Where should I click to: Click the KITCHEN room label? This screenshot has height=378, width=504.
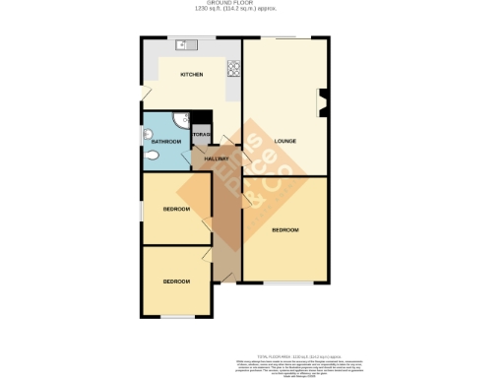coord(191,75)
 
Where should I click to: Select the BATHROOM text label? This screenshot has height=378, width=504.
coord(165,142)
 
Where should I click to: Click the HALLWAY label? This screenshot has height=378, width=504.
coord(217,158)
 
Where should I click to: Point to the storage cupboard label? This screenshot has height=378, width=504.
coord(202,135)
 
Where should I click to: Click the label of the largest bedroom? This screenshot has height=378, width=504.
coord(284,229)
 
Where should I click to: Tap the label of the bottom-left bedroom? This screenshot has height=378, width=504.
coord(176,282)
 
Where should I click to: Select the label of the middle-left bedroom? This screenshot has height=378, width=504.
coord(176,210)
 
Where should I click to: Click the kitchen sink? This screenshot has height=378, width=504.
coord(186,47)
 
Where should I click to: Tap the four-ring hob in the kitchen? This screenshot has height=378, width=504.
coord(234,69)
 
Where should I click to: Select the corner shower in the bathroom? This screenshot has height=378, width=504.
coord(179,120)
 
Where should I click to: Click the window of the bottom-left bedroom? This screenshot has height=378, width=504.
coord(177,317)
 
